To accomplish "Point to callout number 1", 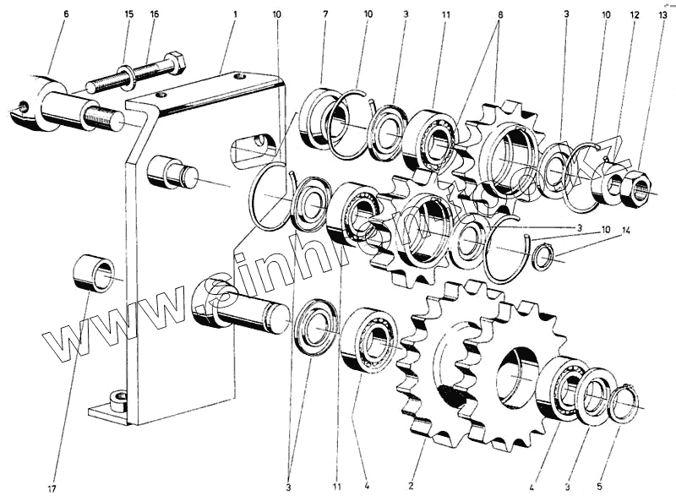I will (235, 14).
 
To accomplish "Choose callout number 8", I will (499, 14).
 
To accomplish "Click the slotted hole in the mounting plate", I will (253, 149).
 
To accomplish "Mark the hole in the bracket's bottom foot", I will (119, 397).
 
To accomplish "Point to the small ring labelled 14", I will (544, 254).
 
